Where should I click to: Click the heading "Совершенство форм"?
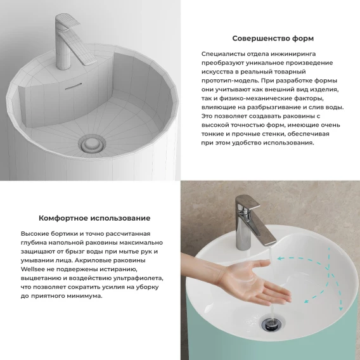point(273,38)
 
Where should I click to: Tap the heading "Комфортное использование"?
point(94,218)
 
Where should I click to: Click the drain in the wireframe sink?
point(92,144)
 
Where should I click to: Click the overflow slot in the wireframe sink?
point(74,86)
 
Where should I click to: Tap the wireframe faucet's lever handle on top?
point(68,21)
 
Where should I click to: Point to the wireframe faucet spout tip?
point(92,62)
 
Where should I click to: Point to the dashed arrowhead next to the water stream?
point(280,259)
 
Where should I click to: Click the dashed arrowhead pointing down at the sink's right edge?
point(341,308)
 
